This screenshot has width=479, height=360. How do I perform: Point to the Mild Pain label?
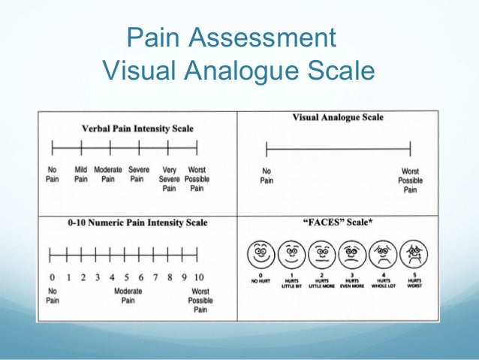point(80,174)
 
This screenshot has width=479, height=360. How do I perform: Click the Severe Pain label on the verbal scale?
point(138,174)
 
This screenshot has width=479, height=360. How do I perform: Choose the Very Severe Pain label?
point(168,179)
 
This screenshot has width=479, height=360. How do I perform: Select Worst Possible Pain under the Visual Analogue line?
point(410,180)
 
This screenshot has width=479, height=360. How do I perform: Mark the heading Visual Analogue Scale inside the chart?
point(337,117)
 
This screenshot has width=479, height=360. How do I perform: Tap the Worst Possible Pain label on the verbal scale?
point(197,179)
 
